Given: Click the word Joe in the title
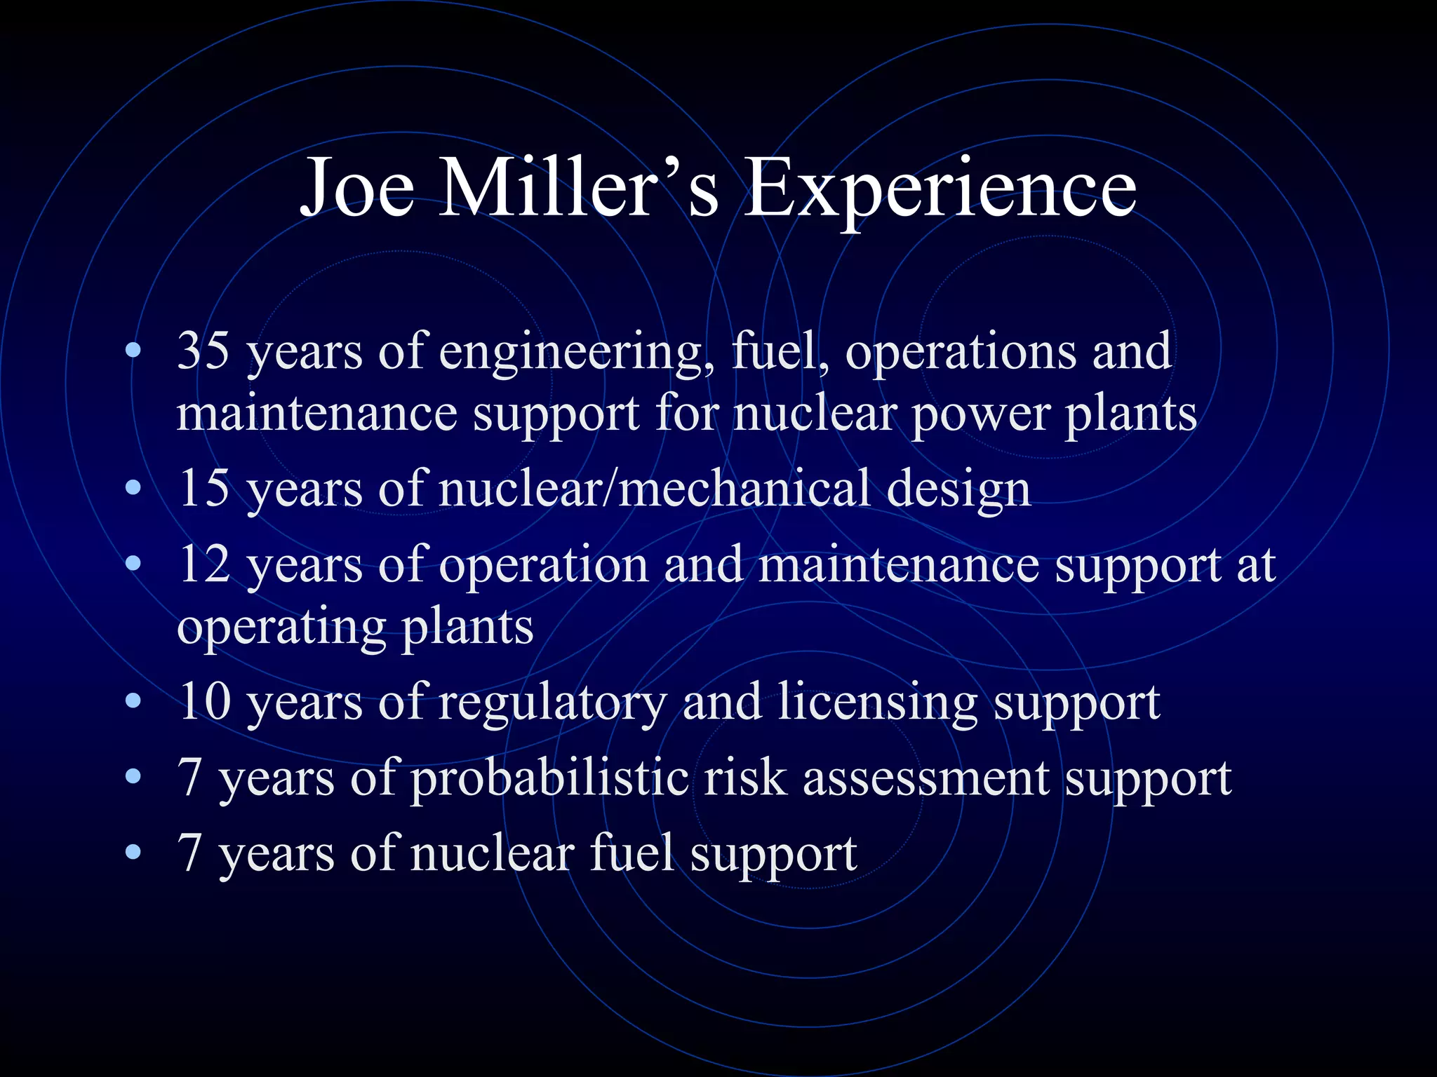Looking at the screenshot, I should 357,188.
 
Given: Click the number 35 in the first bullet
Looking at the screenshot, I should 203,350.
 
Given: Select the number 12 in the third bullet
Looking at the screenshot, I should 203,564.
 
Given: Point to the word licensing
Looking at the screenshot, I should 877,703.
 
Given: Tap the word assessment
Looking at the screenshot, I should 926,779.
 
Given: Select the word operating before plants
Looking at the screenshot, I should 281,628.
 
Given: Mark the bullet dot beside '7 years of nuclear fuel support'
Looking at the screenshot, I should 133,853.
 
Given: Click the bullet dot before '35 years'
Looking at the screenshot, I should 133,350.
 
